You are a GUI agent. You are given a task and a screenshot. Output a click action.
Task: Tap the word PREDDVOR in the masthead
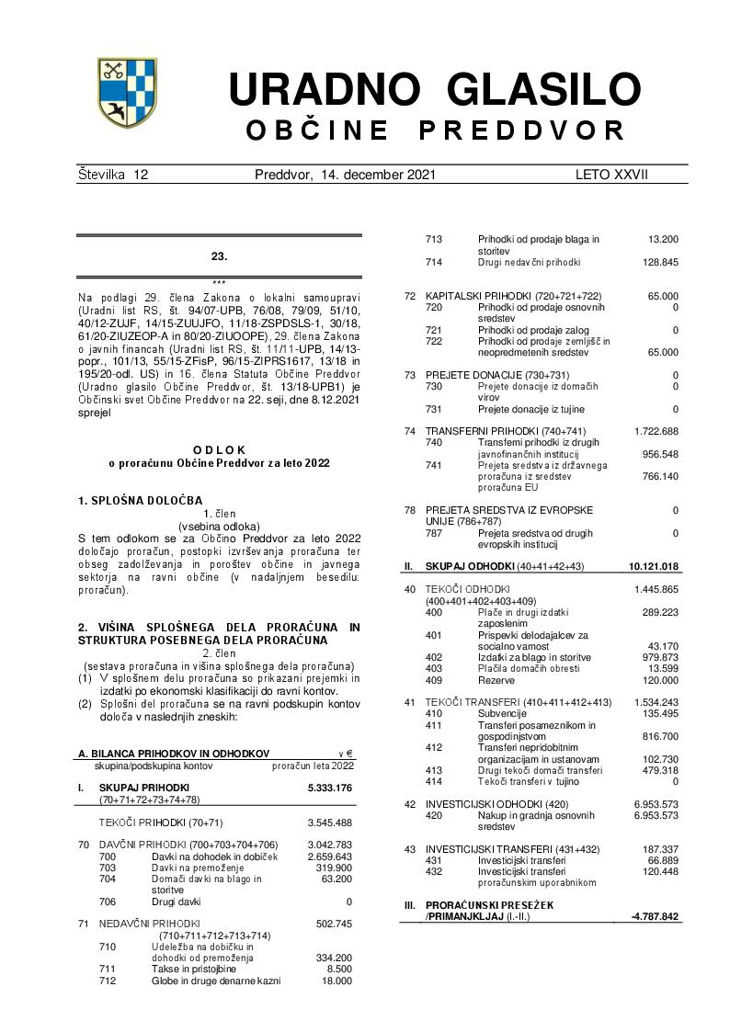coord(522,131)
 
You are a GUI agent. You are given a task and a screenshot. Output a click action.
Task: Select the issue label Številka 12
coord(113,175)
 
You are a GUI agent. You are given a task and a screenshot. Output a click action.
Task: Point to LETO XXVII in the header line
coord(611,175)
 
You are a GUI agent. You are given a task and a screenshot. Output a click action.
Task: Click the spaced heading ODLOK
coord(219,449)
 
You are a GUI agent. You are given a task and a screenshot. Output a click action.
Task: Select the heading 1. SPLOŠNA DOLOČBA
coord(140,500)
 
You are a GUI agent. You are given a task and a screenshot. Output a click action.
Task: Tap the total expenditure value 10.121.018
coord(654,566)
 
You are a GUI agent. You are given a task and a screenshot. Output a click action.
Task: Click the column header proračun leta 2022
coord(312,765)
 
